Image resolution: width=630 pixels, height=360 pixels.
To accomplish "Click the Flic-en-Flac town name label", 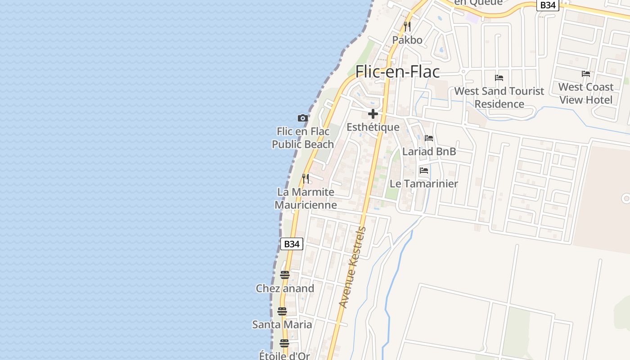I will (397, 72).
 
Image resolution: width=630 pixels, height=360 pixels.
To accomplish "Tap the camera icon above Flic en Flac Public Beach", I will (303, 118).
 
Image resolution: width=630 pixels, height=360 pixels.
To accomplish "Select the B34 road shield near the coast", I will (292, 244).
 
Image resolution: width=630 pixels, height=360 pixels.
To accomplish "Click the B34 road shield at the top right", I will (548, 5).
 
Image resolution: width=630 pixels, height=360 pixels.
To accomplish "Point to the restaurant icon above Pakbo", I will (407, 26).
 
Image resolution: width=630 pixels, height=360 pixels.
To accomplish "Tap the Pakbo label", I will (407, 40).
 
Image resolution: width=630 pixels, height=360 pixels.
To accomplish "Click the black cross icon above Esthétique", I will (373, 114).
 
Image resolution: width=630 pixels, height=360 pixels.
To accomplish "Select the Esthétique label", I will (373, 127).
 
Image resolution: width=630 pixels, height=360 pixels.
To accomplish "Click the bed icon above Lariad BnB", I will (429, 138).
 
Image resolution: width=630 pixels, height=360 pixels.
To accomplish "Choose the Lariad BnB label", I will (429, 152).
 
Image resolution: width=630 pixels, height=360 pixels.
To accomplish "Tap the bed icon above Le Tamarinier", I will (423, 171).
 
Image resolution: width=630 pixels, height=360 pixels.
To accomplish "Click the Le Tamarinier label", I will (423, 184).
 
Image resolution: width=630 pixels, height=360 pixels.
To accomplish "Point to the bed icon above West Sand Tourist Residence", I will (499, 77).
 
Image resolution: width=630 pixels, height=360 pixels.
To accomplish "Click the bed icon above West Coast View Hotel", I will (585, 73).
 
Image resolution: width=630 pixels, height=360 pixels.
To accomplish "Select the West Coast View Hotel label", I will (585, 93).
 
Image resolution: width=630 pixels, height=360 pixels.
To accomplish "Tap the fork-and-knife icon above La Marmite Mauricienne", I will (306, 178).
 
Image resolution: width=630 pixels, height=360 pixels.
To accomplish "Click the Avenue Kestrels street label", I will (353, 267).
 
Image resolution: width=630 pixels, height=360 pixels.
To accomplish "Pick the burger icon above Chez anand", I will (284, 274).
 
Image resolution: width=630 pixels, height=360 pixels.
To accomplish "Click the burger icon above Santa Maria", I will (282, 311).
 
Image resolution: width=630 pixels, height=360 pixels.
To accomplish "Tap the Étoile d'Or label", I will (284, 355).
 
